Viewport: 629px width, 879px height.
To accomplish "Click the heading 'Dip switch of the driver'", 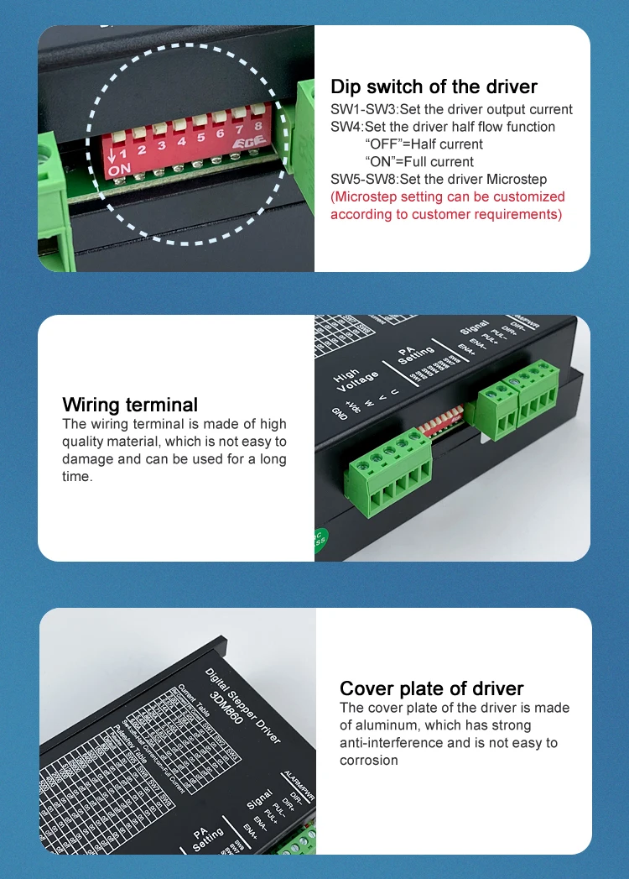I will point(434,86).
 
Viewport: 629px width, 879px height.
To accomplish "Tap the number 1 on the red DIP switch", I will point(122,154).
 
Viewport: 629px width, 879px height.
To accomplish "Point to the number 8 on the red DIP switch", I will point(257,127).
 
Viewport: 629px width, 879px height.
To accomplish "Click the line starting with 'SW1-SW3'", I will point(451,109).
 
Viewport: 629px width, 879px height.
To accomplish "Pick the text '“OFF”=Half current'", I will point(424,144).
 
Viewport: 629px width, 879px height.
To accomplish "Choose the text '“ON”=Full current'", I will point(419,162).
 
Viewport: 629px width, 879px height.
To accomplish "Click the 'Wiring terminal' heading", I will point(130,405).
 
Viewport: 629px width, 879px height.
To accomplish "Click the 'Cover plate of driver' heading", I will point(431,688).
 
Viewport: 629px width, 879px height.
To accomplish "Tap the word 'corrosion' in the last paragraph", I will point(368,761).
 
